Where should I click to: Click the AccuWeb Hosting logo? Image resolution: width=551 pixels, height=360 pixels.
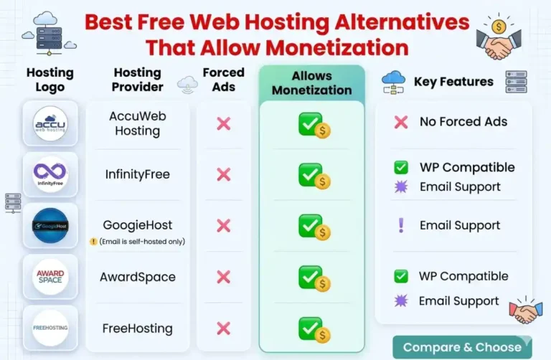click(x=50, y=123)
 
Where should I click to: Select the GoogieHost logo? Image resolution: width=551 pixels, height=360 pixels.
click(x=50, y=226)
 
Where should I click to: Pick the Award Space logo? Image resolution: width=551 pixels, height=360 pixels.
click(x=50, y=277)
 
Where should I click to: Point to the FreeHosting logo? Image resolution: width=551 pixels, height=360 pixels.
click(x=50, y=328)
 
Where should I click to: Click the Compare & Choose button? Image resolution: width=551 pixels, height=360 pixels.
click(x=462, y=347)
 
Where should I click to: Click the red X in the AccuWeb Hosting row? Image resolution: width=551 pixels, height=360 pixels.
click(x=224, y=123)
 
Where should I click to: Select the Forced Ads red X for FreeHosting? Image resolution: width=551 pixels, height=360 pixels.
click(x=224, y=328)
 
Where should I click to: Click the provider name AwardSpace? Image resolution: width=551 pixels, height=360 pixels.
click(x=138, y=277)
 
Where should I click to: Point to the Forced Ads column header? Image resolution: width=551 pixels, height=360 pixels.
click(x=223, y=80)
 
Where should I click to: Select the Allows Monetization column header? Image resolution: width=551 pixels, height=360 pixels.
click(x=311, y=83)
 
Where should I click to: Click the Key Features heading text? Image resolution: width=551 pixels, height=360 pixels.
click(x=453, y=82)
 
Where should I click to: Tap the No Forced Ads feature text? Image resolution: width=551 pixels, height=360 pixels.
click(x=463, y=122)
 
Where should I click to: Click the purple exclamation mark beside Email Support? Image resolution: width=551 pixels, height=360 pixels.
click(x=401, y=225)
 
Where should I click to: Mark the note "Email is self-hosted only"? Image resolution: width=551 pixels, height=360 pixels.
click(x=142, y=242)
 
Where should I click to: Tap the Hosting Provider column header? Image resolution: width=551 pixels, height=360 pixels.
click(x=138, y=80)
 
